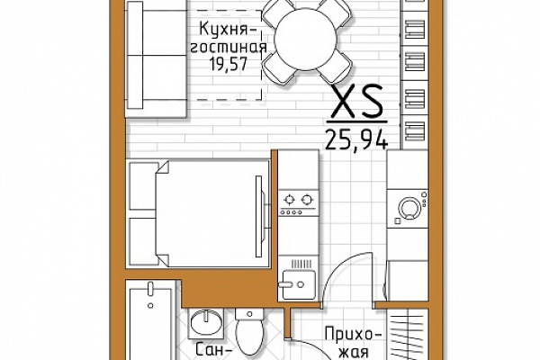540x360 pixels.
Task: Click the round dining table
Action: click(306, 40)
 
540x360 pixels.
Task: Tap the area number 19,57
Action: click(229, 64)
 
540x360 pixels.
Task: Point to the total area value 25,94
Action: click(356, 139)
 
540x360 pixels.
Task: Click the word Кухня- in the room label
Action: click(229, 29)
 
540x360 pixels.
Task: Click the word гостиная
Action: click(229, 47)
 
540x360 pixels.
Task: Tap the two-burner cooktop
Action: click(299, 202)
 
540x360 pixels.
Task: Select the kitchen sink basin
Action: click(299, 284)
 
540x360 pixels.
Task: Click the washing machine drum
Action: click(409, 208)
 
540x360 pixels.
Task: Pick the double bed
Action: click(200, 213)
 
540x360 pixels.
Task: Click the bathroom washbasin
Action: click(206, 323)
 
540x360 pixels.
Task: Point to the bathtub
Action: click(150, 320)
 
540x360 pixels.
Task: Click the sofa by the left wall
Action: click(157, 58)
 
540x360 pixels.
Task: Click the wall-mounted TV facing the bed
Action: click(260, 216)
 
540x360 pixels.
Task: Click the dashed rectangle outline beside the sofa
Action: click(261, 55)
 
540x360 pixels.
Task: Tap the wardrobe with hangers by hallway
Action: click(408, 334)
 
